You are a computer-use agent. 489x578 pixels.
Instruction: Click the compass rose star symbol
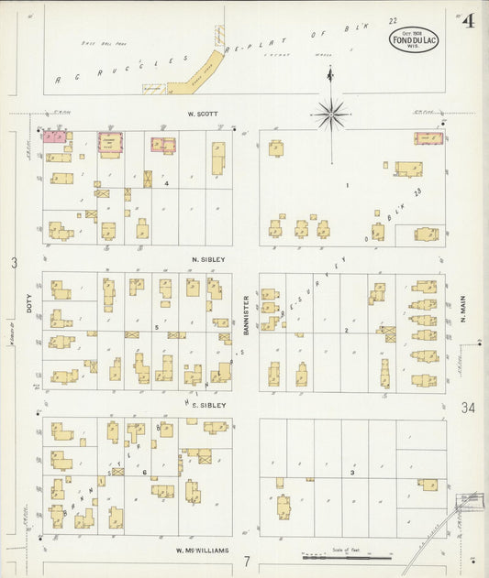pos(330,115)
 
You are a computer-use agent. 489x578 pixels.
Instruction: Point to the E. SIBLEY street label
pos(208,404)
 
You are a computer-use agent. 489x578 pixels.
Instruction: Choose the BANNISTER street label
pos(247,314)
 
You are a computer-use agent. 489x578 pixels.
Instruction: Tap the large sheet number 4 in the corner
pos(468,21)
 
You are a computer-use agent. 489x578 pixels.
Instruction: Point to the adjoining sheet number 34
pos(469,408)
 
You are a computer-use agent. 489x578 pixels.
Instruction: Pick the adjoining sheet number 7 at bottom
pos(246,560)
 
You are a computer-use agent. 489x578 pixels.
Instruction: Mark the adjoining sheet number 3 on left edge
pos(14,264)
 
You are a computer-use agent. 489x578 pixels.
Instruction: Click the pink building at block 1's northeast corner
pos(428,138)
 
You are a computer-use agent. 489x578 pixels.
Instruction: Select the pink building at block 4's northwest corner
pos(54,136)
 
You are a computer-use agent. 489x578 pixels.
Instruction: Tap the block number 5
pos(157,327)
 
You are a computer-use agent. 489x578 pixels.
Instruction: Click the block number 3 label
pos(352,473)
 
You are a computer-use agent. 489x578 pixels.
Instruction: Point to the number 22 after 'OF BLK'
pos(393,20)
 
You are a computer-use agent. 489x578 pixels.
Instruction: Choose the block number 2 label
pos(346,329)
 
